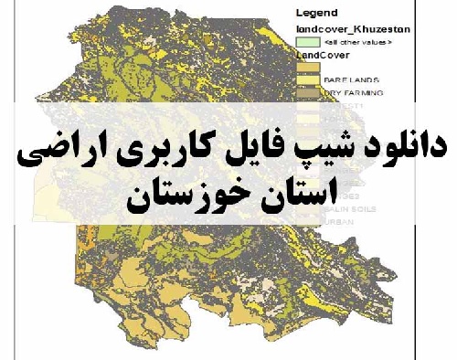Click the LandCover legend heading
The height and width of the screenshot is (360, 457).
click(319, 54)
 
